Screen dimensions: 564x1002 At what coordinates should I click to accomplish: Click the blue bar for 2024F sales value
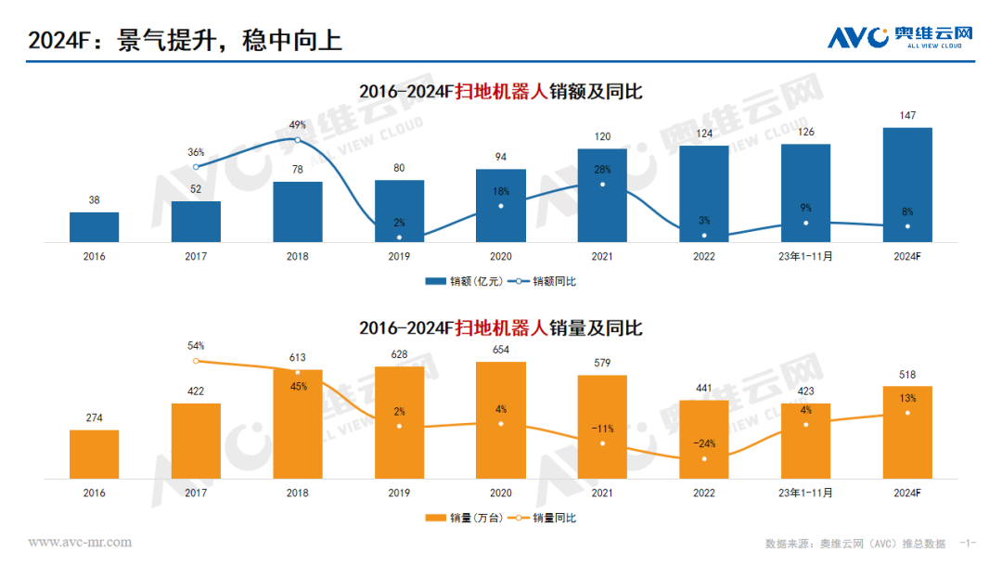pyautogui.click(x=907, y=186)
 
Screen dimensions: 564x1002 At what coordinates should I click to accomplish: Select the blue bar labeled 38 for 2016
pyautogui.click(x=95, y=227)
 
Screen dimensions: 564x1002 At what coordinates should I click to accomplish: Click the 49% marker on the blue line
pyautogui.click(x=297, y=140)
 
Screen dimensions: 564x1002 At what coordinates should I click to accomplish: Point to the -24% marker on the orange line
pyautogui.click(x=704, y=458)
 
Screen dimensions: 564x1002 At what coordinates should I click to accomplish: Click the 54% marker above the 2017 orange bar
pyautogui.click(x=196, y=361)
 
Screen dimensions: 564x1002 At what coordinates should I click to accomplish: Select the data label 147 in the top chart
pyautogui.click(x=907, y=116)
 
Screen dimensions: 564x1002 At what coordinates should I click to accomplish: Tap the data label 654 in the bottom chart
pyautogui.click(x=501, y=350)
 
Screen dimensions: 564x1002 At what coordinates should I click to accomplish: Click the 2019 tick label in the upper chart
pyautogui.click(x=400, y=257)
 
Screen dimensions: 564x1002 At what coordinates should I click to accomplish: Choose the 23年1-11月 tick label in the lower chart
pyautogui.click(x=805, y=493)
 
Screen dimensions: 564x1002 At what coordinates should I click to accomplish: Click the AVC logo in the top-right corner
pyautogui.click(x=900, y=37)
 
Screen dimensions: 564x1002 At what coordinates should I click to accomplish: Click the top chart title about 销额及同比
pyautogui.click(x=501, y=92)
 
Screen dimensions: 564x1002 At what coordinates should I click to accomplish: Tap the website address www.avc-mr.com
pyautogui.click(x=80, y=543)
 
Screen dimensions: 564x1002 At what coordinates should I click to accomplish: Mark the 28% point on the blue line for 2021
pyautogui.click(x=603, y=184)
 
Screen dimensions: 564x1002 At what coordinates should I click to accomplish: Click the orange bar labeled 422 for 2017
pyautogui.click(x=196, y=441)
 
